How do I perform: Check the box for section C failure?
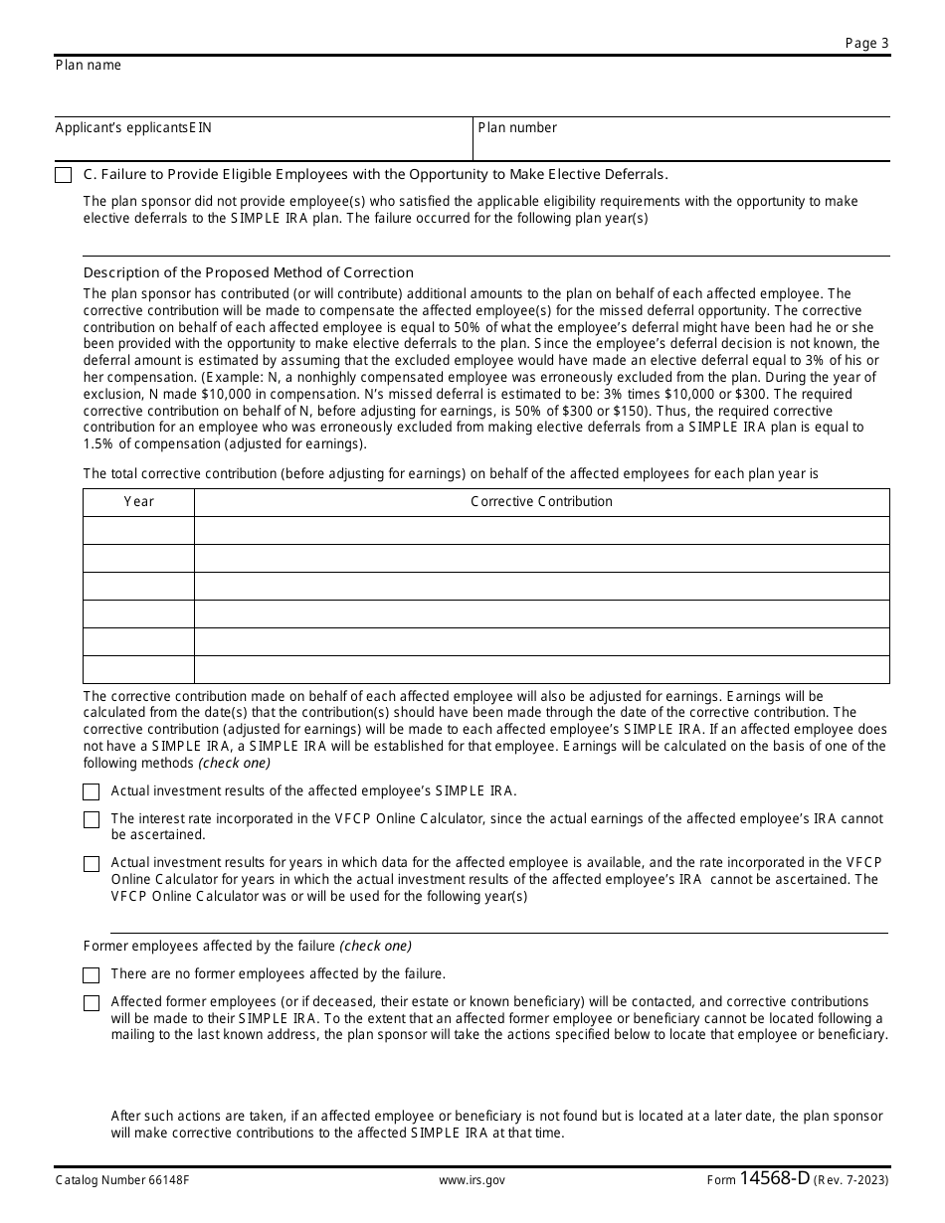[64, 175]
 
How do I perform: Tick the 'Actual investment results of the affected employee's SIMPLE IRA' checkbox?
[92, 791]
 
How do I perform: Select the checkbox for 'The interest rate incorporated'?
[92, 819]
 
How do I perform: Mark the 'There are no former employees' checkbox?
[92, 975]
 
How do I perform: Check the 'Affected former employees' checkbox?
[92, 1003]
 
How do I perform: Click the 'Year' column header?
[139, 502]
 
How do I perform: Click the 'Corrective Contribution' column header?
[541, 502]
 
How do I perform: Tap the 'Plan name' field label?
[89, 66]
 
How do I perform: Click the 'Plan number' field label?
[517, 128]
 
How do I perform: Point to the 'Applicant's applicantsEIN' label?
[133, 128]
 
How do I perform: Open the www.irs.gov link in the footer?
[472, 1180]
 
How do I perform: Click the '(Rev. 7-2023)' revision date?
[851, 1180]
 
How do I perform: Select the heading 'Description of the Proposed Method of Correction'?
[249, 272]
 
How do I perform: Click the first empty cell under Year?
[139, 530]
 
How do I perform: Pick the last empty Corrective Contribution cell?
[541, 669]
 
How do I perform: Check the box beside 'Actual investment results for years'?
[92, 864]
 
